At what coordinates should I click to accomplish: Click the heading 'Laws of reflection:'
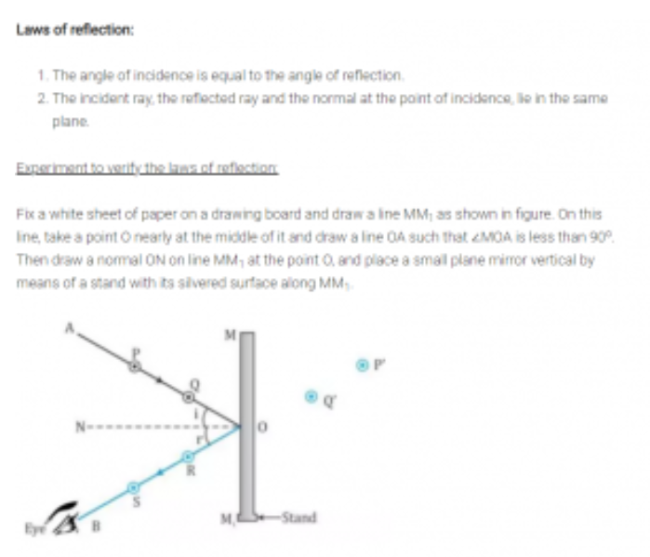[x=75, y=30]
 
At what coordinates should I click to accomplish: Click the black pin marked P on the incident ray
[x=135, y=367]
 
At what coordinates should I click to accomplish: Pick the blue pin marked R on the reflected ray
[x=187, y=456]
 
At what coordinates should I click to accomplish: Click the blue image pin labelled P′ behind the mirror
[x=364, y=365]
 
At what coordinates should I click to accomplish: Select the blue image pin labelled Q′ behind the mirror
[x=313, y=397]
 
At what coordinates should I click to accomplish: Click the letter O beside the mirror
[x=262, y=428]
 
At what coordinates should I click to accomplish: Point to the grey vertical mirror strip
[x=246, y=418]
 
